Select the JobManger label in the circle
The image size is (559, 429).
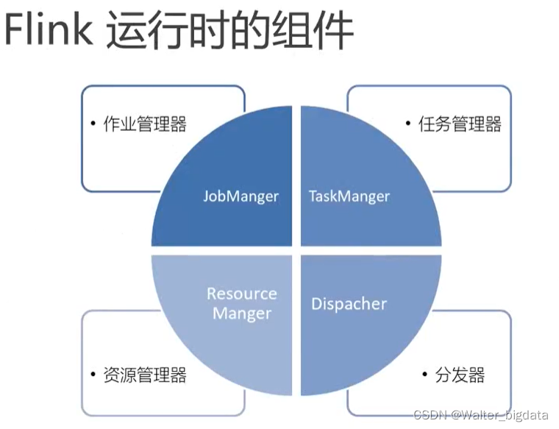[241, 196]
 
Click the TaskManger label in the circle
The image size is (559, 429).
[349, 196]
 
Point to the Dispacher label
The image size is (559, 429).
[349, 303]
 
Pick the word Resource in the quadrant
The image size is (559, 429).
[241, 294]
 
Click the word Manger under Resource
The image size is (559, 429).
[241, 313]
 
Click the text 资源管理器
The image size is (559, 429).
[145, 375]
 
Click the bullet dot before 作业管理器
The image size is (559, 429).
[93, 124]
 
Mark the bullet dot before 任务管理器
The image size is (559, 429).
[408, 124]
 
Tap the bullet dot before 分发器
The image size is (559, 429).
[424, 375]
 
